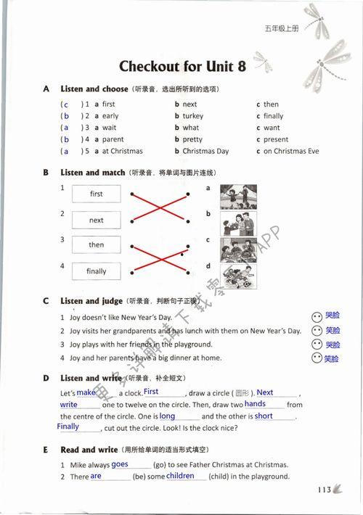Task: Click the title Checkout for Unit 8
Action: pos(182,67)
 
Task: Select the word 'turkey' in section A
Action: pos(193,116)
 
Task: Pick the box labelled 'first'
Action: pos(97,194)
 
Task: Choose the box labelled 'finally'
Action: pos(97,271)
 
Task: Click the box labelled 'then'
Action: pos(97,245)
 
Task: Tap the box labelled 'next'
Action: pos(97,221)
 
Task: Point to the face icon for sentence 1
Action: pos(316,317)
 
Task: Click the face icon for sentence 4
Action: pos(316,358)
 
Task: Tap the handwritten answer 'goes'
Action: pos(120,464)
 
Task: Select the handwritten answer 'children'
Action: pos(181,477)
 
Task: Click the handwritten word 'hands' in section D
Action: pos(255,404)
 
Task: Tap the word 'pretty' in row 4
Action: pos(192,139)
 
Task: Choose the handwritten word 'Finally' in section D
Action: pos(68,427)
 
